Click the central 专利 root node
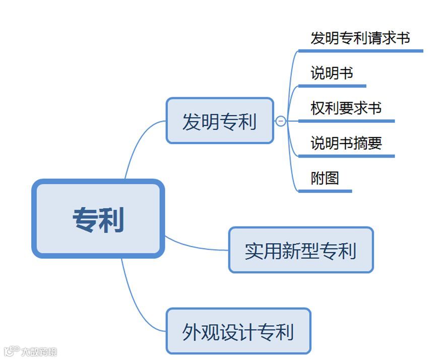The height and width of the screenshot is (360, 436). [98, 219]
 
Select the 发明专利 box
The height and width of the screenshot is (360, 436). [220, 121]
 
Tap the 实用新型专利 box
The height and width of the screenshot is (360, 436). [301, 250]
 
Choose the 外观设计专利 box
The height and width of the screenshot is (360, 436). [238, 331]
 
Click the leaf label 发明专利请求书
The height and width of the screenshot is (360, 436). [360, 38]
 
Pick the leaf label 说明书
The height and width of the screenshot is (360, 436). [332, 74]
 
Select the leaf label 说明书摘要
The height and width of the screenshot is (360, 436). [346, 143]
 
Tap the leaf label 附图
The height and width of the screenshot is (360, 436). [325, 178]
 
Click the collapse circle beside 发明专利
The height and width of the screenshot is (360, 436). [281, 121]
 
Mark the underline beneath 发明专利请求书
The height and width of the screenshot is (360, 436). [360, 50]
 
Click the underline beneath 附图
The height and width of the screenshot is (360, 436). [325, 191]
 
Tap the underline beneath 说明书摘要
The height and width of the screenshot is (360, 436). [346, 156]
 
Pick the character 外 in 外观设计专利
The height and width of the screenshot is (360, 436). [191, 332]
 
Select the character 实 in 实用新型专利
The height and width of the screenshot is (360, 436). [255, 251]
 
